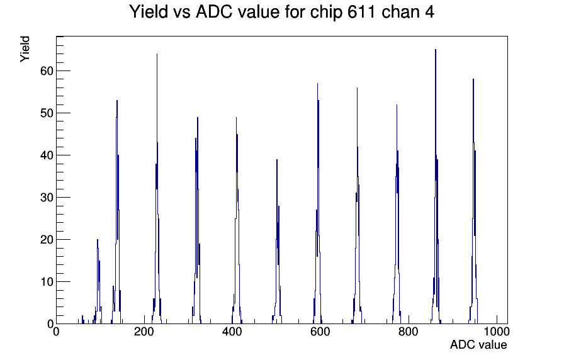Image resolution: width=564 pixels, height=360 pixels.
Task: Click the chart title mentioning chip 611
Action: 281,12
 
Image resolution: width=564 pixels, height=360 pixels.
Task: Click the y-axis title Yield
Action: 25,49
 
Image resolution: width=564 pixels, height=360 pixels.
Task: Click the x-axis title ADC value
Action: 478,344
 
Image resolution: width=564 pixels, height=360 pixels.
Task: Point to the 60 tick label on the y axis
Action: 47,71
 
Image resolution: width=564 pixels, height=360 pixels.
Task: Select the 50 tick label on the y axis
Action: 47,113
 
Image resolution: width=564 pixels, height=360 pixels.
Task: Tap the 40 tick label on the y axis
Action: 47,155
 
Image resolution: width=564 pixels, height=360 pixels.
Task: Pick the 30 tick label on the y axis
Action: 47,198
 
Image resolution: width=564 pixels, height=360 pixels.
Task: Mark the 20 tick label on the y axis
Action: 47,240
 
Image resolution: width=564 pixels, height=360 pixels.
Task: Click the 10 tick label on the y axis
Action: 47,282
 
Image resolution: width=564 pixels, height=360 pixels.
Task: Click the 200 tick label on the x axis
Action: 144,331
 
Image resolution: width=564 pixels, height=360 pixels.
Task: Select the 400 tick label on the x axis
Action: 232,331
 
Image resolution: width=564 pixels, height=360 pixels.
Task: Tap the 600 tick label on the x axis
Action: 320,331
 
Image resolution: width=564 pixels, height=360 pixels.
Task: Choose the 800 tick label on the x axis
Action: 409,331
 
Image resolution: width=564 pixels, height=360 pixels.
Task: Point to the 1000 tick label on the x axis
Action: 497,331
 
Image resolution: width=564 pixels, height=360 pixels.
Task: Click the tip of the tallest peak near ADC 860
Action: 436,50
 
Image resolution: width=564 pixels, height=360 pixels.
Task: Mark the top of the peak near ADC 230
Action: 157,54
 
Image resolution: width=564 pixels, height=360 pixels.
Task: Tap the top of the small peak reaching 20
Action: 97,240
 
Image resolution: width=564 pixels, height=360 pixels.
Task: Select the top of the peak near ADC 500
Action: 276,160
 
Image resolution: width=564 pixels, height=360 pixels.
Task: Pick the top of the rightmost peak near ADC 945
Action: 473,79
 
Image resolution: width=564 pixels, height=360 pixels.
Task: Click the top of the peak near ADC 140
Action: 117,100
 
